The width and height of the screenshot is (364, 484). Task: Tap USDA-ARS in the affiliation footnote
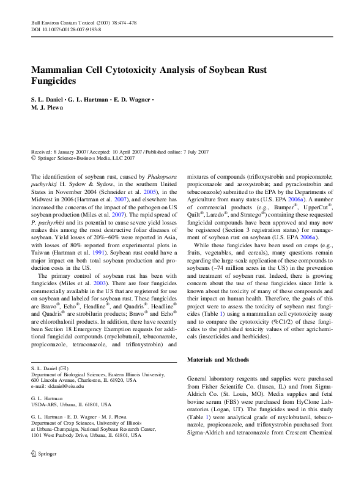coord(45,404)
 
